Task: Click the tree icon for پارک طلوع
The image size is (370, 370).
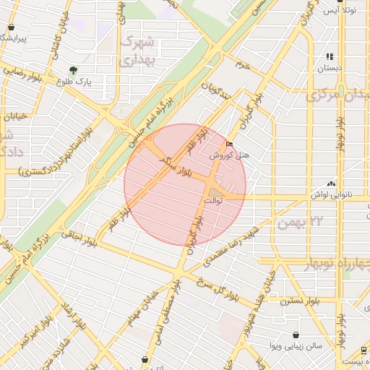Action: (73, 71)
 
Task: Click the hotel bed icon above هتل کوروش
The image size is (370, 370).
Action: (231, 144)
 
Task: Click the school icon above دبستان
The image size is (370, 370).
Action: (330, 56)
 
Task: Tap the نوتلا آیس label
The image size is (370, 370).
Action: (340, 10)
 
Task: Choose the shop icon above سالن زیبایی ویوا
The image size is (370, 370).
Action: (296, 335)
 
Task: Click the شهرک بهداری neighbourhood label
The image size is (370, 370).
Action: (138, 51)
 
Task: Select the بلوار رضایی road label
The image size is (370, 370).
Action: (25, 72)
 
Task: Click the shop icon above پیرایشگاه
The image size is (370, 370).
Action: (10, 27)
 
